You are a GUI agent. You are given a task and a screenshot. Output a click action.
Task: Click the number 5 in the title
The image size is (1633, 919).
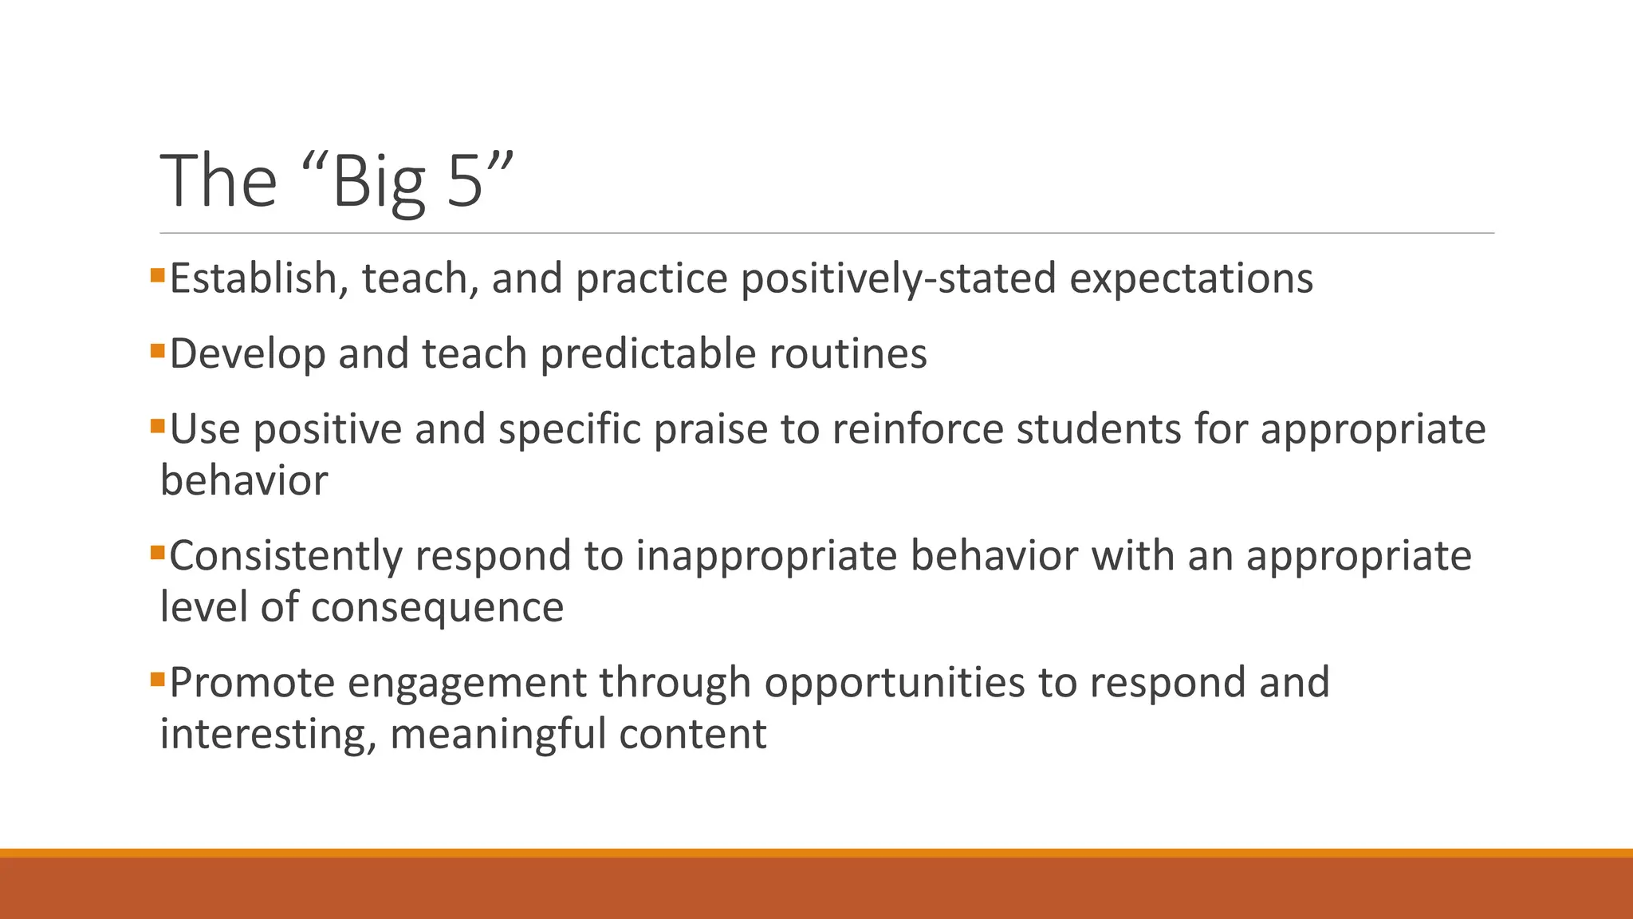coord(465,181)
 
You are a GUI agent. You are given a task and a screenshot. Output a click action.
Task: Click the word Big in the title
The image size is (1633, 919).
coord(378,183)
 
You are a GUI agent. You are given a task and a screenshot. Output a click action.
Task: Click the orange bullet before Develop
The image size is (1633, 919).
coord(157,350)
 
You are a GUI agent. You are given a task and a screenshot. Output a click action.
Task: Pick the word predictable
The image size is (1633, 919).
coord(648,354)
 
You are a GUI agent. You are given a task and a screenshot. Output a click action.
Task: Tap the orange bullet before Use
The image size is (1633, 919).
coord(157,425)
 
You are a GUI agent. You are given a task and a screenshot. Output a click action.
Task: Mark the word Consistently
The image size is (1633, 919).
coord(285,557)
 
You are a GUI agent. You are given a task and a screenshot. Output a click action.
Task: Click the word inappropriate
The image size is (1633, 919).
coord(766,557)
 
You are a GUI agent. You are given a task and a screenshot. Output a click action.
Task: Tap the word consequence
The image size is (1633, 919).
coord(437,608)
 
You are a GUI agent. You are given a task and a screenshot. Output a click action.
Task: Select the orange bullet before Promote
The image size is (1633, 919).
coord(157,680)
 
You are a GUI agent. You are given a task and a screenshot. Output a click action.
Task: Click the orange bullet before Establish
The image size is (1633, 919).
coord(157,276)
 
